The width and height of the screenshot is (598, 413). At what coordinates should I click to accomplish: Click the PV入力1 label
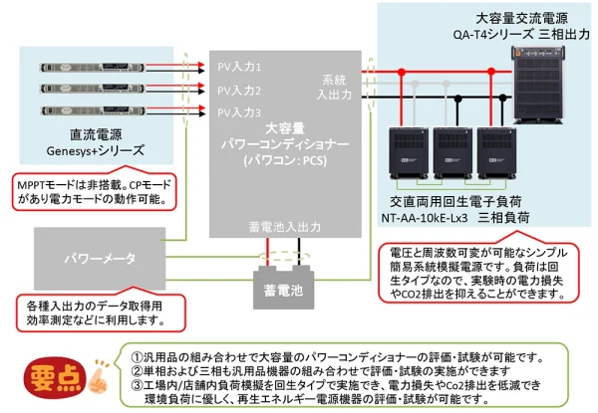tap(239, 68)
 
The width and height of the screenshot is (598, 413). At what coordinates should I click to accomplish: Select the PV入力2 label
tap(239, 91)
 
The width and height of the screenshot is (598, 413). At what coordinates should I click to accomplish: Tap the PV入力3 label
tap(239, 112)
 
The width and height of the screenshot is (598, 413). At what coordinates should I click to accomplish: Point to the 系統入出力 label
tap(334, 88)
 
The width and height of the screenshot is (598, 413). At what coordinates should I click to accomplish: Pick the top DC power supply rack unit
tap(94, 67)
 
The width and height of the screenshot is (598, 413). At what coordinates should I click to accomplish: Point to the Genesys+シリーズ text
tap(96, 150)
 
